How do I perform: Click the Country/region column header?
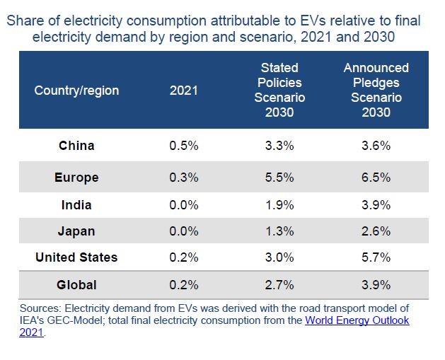(76, 91)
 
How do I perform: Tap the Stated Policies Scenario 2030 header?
(279, 91)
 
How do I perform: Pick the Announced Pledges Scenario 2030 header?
(376, 91)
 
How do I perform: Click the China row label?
(76, 146)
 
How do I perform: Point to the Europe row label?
(76, 178)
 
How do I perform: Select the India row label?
(76, 205)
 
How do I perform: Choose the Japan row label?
(76, 231)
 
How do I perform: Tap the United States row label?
(76, 257)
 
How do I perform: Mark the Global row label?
(76, 285)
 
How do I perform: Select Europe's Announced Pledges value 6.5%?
(376, 178)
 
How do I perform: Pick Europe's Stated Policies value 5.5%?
(279, 178)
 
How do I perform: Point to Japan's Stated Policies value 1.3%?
(279, 231)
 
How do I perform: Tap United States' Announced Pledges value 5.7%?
(376, 257)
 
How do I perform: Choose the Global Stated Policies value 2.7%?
(279, 285)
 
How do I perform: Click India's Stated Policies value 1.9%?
(279, 205)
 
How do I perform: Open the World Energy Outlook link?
(357, 320)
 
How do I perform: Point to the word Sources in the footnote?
(40, 308)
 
